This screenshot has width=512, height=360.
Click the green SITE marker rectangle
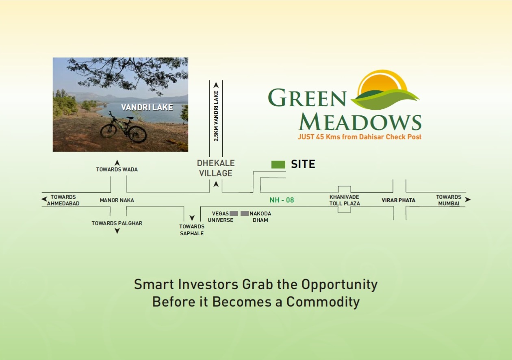pos(278,165)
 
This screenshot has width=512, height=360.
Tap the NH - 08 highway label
pos(282,200)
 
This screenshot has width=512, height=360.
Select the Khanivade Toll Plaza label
pos(344,200)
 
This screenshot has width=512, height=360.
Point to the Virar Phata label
pos(398,200)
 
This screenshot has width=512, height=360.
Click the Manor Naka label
pos(117,200)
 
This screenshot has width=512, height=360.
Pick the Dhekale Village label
pos(216,168)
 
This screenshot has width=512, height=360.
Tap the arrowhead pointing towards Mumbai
pos(468,200)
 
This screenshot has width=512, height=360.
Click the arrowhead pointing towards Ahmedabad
pos(44,199)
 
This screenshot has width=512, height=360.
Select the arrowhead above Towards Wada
pos(117,163)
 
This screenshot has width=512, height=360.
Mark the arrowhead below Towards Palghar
pos(117,231)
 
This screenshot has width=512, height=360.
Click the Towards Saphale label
pos(192,230)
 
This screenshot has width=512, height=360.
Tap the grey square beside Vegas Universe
pos(234,213)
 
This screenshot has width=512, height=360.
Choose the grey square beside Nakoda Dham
pos(245,213)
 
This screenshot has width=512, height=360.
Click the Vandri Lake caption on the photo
pos(147,108)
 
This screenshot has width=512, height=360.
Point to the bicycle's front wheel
pos(137,134)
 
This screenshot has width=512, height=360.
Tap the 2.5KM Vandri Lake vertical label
pos(216,116)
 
